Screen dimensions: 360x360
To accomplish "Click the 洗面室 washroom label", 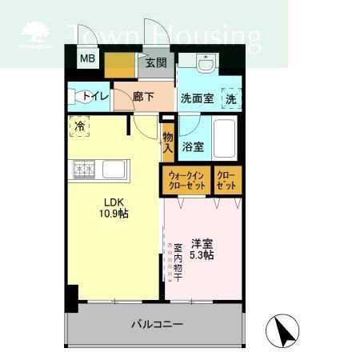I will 196,100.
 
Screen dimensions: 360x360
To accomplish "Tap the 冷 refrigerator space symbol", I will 79,126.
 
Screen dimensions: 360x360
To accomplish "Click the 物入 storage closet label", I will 168,142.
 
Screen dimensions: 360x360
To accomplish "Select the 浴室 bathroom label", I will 192,147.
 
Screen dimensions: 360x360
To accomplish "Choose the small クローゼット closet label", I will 227,180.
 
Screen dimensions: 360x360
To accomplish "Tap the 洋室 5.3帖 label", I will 202,249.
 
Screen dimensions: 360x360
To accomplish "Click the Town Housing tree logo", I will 34,34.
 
